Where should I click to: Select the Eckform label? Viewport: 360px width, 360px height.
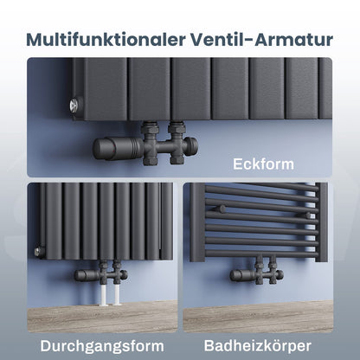(263, 162)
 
